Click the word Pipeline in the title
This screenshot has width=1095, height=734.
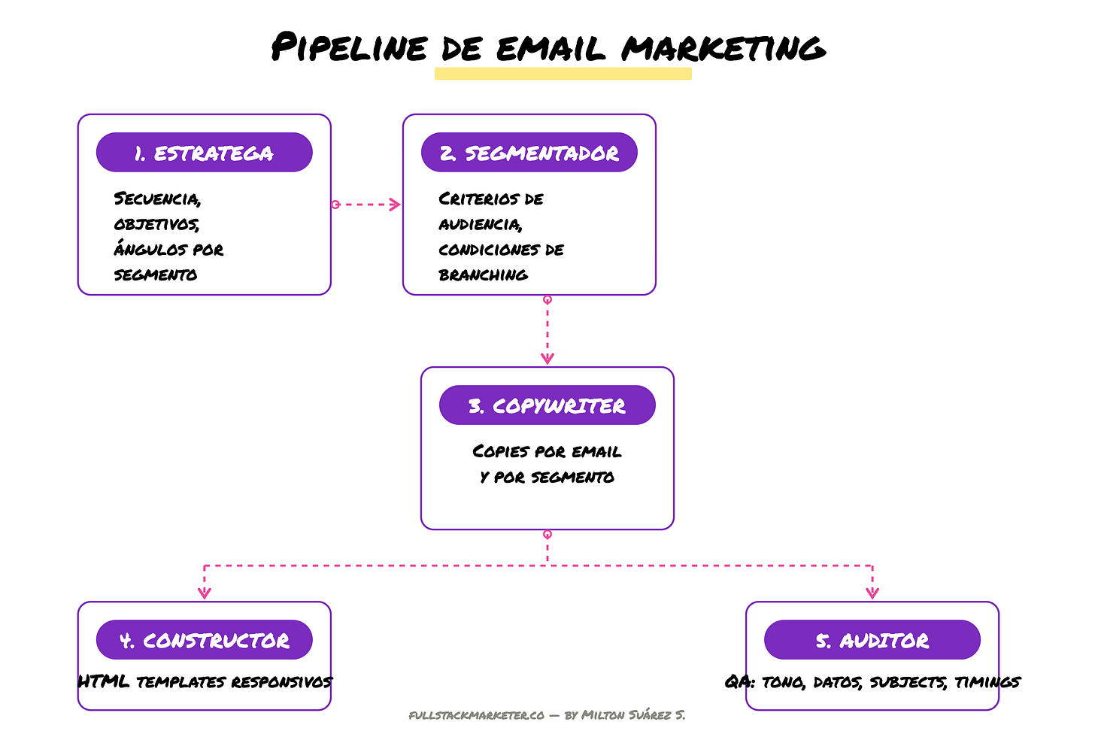tap(349, 48)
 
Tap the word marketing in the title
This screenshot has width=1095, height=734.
tap(723, 48)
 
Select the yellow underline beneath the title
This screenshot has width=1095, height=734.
tap(563, 74)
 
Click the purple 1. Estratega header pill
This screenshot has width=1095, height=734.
tap(204, 153)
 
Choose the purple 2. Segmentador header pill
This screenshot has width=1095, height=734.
tap(529, 153)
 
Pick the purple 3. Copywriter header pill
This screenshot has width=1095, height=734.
tap(547, 405)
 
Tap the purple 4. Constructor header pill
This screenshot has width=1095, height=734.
tap(204, 640)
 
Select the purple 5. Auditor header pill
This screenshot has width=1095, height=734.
tap(872, 640)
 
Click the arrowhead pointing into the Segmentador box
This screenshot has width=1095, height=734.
tap(396, 204)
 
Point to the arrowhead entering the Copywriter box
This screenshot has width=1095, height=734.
tap(547, 359)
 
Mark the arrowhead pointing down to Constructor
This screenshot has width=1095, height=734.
tap(204, 593)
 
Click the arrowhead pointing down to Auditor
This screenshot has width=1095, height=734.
tap(872, 593)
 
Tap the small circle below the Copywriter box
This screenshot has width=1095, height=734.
tap(547, 535)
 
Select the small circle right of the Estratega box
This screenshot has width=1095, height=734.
tap(335, 204)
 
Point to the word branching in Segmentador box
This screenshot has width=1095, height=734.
tap(483, 275)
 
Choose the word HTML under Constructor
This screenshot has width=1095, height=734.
tap(103, 682)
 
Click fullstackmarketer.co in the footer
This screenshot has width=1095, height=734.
tap(477, 715)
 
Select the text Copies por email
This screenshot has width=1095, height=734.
tap(547, 452)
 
